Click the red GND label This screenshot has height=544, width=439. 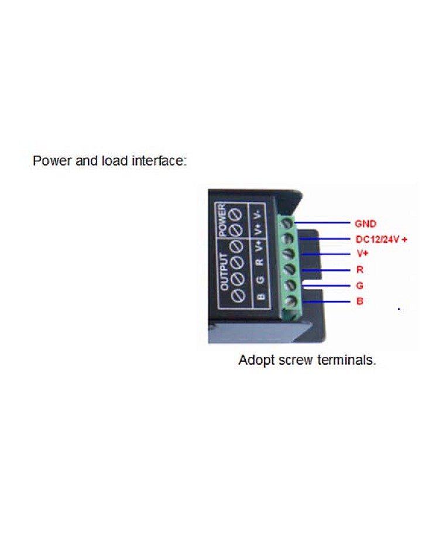[x=365, y=223]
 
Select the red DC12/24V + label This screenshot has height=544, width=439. [x=381, y=239]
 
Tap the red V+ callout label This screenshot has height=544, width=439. [x=361, y=254]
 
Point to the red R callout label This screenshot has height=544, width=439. [x=359, y=270]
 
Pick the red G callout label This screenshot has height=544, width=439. [x=359, y=286]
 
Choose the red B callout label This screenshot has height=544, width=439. [x=359, y=302]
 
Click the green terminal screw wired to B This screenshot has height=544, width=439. [x=289, y=302]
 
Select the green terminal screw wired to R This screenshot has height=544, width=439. [x=289, y=270]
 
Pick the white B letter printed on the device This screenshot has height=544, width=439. [x=261, y=295]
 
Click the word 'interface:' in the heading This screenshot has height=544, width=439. [x=159, y=160]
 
